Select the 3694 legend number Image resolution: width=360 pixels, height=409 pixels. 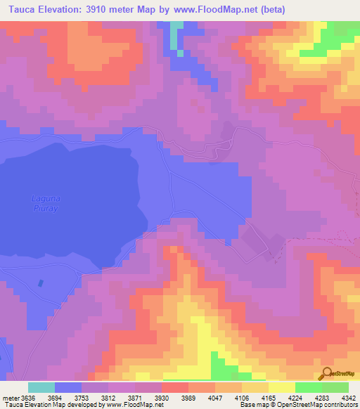coord(56,396)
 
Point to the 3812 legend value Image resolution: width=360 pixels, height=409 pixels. coord(109,396)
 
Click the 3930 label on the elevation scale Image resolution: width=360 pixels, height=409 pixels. coord(162,396)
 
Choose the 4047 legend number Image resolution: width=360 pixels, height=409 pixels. coord(215,396)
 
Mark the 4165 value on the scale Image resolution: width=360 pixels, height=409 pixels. coord(269,396)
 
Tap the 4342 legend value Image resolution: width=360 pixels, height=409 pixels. coord(349,396)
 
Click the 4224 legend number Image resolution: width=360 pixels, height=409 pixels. coord(295,396)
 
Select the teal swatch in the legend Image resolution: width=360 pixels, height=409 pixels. coord(41,387)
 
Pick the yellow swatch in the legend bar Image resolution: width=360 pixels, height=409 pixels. coord(281,387)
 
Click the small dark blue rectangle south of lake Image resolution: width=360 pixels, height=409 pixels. coord(40,283)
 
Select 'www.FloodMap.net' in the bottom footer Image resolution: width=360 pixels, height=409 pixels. coord(134,405)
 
